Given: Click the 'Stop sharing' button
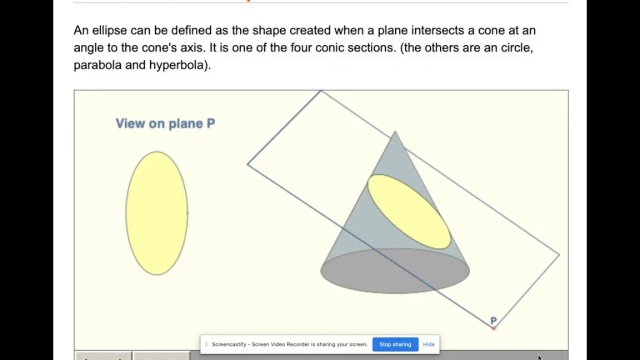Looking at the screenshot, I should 395,344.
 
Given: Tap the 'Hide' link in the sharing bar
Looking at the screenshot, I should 428,344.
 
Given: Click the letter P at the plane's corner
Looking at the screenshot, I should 493,320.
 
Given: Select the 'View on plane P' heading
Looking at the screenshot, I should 165,123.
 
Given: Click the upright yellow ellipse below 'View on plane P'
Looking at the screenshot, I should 156,213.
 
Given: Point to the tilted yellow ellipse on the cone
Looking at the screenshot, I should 409,211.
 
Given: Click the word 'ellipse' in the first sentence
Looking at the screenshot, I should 109,30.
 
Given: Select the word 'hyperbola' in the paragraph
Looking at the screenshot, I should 177,65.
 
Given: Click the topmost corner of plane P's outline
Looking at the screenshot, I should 321,91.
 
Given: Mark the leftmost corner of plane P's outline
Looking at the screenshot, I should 247,163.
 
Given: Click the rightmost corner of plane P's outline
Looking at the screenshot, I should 559,255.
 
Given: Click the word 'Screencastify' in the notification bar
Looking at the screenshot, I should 230,344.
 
